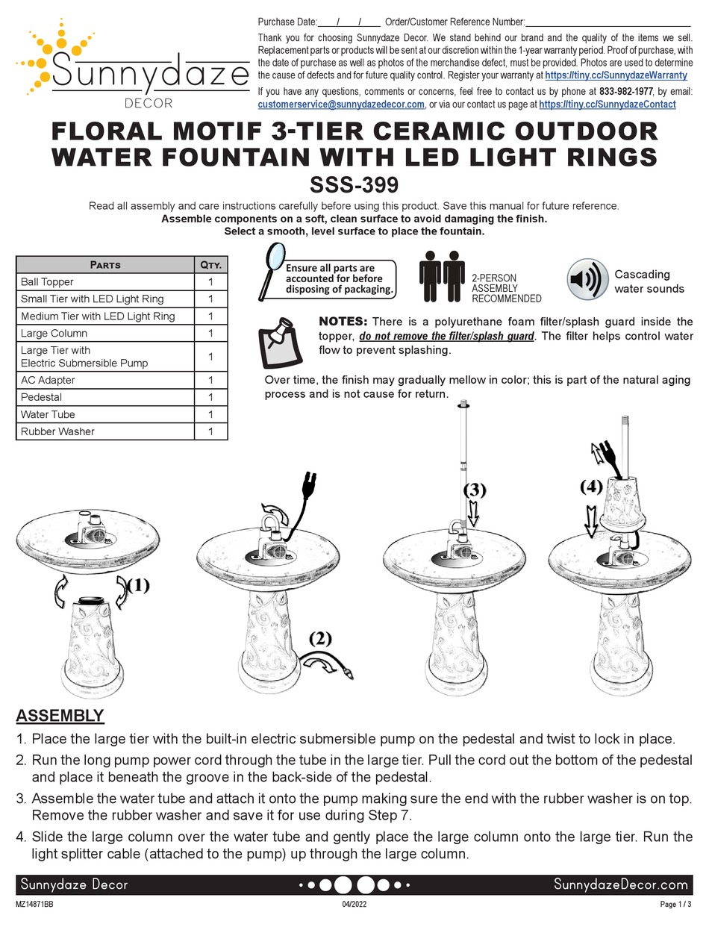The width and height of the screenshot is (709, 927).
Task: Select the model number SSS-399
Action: coord(354,184)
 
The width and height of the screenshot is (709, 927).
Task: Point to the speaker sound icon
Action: coord(585,280)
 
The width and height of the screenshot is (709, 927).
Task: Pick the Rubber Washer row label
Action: coord(57,431)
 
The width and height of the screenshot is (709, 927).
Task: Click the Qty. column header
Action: coord(210,264)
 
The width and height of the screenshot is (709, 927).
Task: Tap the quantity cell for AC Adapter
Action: coord(210,380)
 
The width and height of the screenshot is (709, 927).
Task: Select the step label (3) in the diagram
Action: coord(475,490)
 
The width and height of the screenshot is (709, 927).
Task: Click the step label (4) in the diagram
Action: coord(591,487)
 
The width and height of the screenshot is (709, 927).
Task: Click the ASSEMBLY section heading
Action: coord(60,716)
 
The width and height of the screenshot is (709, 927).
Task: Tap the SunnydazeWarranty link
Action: coord(616,75)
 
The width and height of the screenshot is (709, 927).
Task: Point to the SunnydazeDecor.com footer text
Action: coord(620,884)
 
